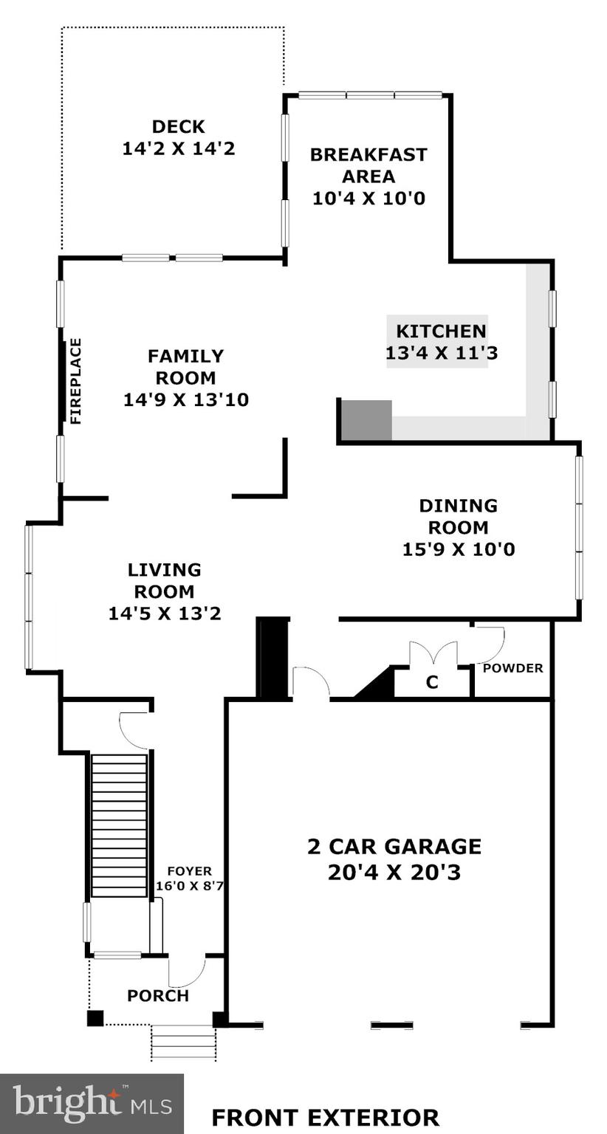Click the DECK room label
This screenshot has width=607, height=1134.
178,126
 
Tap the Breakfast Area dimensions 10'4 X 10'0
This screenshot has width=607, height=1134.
368,199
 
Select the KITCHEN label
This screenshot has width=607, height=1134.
441,331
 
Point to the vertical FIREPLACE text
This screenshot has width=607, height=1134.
75,381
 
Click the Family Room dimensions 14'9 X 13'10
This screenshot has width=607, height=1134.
185,400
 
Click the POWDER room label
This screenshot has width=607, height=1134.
512,668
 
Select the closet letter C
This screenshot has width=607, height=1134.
432,683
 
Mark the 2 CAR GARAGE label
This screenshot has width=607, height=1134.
394,846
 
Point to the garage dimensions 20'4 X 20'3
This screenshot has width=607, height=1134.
394,873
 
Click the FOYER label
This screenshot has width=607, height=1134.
189,871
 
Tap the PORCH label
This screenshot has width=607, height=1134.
158,995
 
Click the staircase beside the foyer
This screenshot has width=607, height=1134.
119,825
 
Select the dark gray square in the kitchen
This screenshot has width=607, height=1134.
366,420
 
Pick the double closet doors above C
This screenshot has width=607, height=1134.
433,653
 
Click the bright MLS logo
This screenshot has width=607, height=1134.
92,1103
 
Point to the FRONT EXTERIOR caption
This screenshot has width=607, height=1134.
325,1117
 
